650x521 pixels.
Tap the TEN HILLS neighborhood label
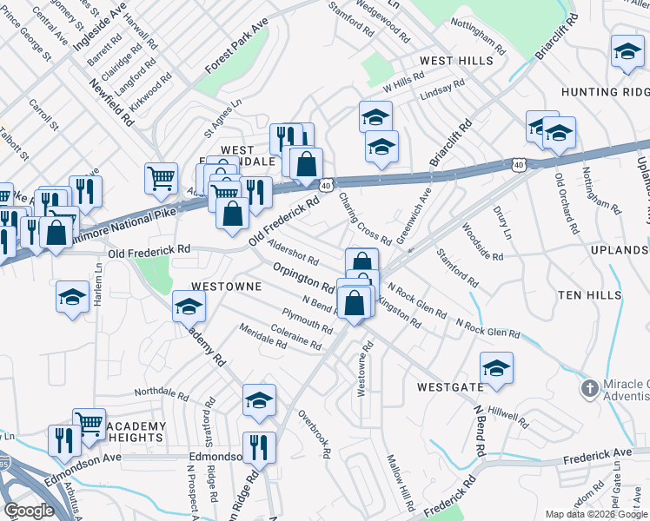click(x=589, y=296)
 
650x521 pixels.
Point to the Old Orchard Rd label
click(x=566, y=204)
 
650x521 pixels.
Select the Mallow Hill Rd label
click(x=401, y=483)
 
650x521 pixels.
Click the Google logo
click(x=30, y=511)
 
